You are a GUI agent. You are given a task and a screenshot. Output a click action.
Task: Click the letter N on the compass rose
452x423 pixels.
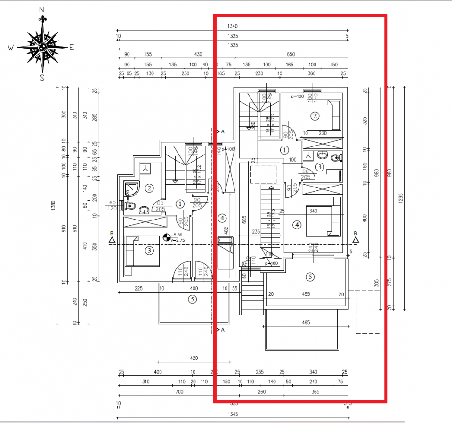coord(42,9)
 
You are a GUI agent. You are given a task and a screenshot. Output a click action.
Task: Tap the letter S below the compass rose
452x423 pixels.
coord(42,78)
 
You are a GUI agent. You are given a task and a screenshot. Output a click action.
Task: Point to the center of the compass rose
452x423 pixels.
coord(42,47)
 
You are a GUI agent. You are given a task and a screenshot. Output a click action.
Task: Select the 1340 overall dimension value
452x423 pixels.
coord(232,27)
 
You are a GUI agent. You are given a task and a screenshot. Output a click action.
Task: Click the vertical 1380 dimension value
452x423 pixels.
coord(53,205)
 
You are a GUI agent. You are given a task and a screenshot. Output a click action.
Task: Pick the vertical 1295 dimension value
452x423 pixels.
coord(400,198)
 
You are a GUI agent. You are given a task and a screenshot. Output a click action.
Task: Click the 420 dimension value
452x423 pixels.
coord(194,358)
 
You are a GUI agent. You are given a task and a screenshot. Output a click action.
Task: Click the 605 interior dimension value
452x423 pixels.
coord(244,220)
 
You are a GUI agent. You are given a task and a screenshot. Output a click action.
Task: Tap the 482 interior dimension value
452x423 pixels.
coord(226,231)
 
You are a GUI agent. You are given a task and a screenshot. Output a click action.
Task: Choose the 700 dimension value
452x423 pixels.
coord(179,392)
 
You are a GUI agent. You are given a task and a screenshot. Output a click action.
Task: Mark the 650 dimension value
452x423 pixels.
coord(291,55)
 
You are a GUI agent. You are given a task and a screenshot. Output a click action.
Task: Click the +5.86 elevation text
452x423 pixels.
coord(178,235)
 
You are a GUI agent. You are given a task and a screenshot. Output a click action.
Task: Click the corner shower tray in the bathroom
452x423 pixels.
coord(131,189)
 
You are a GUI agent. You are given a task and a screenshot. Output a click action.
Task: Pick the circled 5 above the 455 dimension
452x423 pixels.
coord(310,277)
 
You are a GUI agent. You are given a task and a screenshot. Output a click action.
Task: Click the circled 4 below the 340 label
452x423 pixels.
coord(297,225)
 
